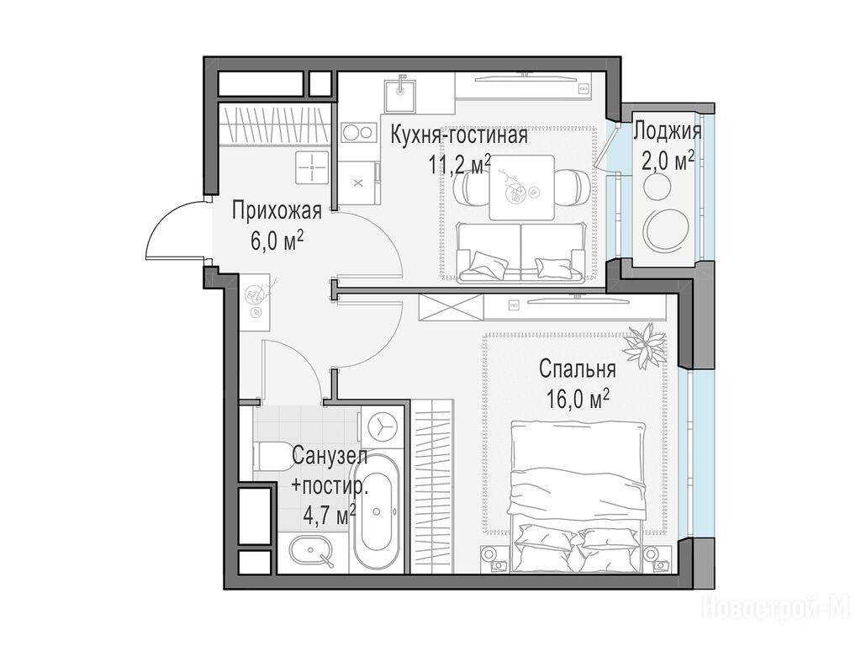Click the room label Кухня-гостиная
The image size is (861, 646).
459,135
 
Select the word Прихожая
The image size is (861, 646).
276,210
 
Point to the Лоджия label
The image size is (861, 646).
668,132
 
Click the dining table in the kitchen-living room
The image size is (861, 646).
521,188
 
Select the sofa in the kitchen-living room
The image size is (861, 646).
520,252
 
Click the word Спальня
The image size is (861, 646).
577,368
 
